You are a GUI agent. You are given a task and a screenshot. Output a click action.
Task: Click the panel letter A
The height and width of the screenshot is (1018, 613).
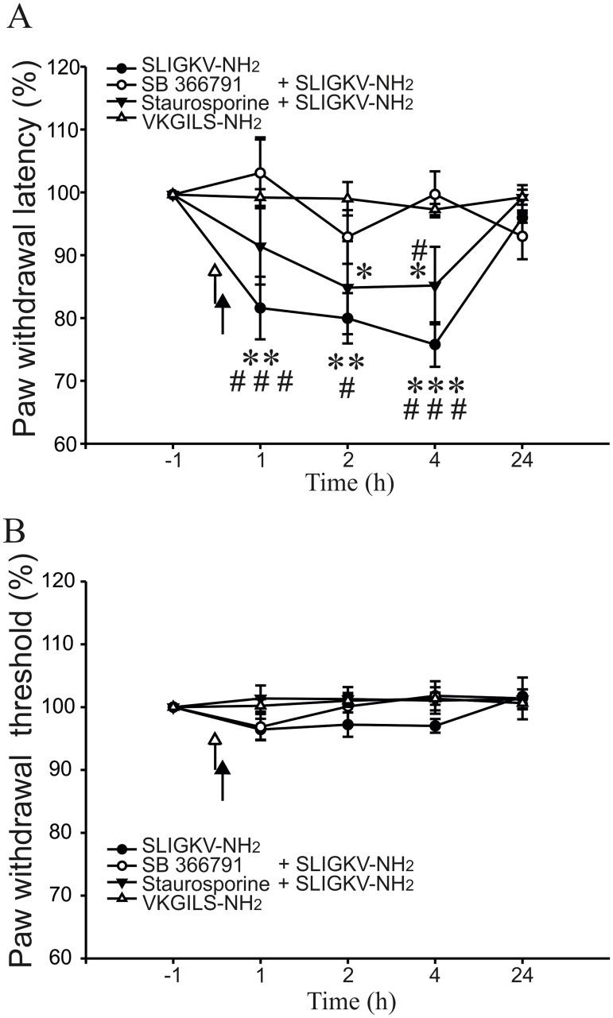coord(19,17)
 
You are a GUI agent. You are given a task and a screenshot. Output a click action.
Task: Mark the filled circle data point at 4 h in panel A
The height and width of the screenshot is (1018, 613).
coord(435,345)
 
